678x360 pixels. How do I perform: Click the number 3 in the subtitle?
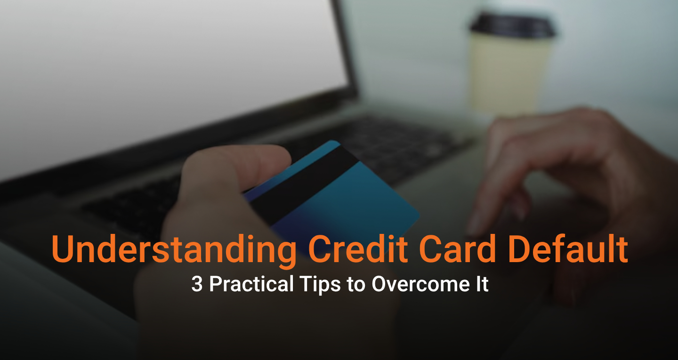[x=197, y=285]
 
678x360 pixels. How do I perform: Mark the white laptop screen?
[x=169, y=71]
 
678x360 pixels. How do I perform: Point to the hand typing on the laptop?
[x=579, y=179]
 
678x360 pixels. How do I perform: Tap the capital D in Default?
[x=520, y=249]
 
